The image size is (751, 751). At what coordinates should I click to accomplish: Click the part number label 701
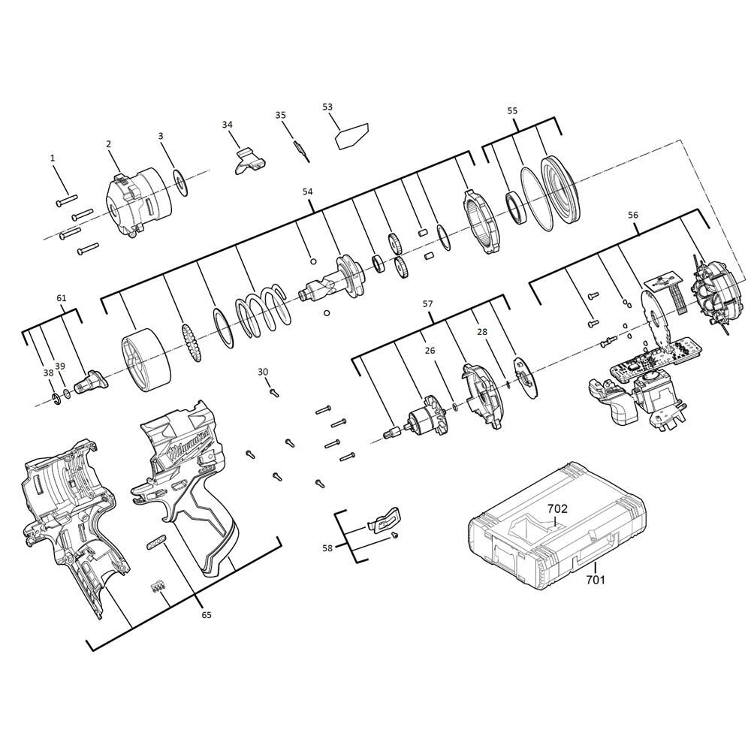(x=595, y=579)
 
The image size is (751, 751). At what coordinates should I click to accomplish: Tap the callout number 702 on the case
(x=556, y=508)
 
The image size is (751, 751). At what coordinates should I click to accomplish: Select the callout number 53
(x=327, y=107)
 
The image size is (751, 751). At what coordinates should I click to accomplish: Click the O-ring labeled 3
(x=180, y=183)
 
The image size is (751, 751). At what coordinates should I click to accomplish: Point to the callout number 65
(x=206, y=615)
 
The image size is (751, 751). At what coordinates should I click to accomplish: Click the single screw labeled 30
(x=273, y=391)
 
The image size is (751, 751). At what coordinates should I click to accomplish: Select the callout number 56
(x=633, y=215)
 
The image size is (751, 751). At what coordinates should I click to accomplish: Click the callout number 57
(x=427, y=304)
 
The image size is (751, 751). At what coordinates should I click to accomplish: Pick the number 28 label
(x=482, y=331)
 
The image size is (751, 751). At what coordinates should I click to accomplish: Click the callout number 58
(x=327, y=548)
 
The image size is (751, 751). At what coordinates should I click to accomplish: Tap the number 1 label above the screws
(x=53, y=158)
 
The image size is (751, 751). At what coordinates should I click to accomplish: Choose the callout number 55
(x=512, y=110)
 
